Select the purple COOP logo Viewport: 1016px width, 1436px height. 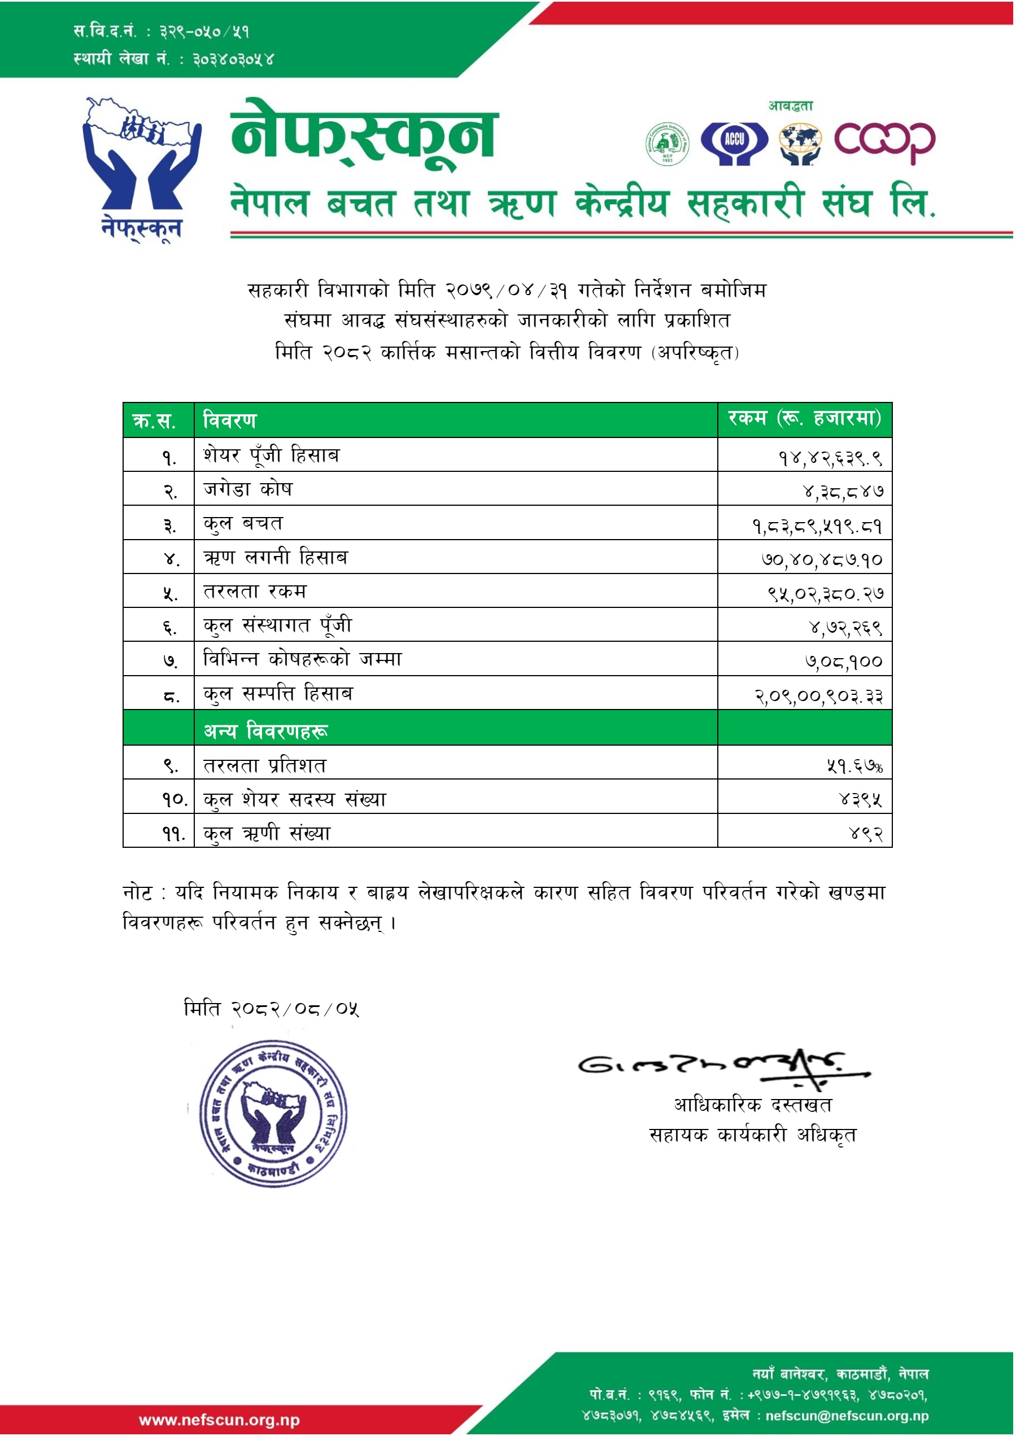tap(884, 143)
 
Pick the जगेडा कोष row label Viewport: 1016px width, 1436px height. tap(248, 489)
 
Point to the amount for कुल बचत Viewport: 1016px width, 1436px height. tap(817, 526)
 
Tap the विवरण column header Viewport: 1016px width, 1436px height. tap(230, 421)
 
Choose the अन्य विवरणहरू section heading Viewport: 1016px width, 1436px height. tap(266, 730)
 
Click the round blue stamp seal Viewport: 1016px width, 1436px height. tap(273, 1114)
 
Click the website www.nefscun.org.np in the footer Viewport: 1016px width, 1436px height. tap(219, 1420)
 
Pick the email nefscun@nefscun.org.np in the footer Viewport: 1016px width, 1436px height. tap(847, 1415)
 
